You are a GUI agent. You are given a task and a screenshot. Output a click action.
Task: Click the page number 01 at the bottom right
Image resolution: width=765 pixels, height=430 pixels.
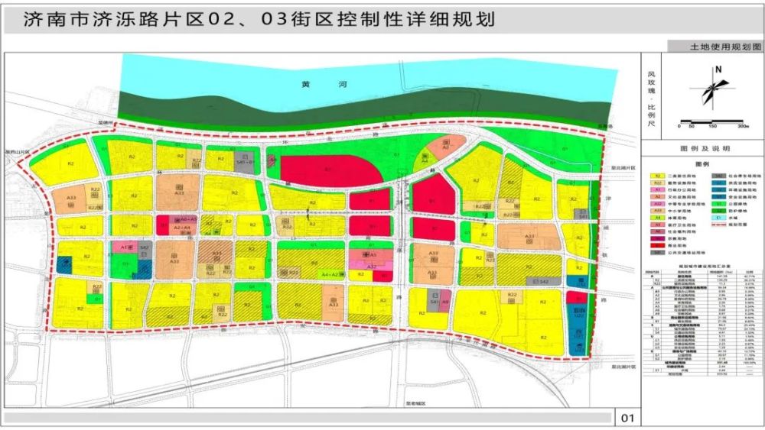click(x=629, y=418)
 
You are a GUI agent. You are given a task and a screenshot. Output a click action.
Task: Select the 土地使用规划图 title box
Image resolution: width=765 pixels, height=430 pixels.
click(x=715, y=47)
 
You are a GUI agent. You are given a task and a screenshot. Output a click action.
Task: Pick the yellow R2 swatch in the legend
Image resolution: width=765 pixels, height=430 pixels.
click(x=656, y=176)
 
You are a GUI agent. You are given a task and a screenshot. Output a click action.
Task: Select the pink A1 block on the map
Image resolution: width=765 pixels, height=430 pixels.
click(x=124, y=247)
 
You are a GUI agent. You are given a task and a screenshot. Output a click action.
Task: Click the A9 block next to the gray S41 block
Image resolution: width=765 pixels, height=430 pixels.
click(x=445, y=303)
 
